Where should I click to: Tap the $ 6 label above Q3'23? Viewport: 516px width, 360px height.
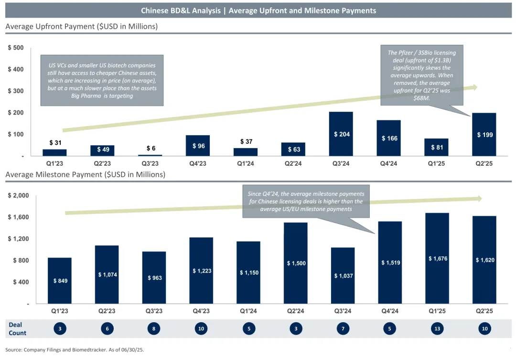(x=151, y=148)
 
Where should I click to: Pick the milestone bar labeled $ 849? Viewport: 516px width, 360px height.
(x=60, y=281)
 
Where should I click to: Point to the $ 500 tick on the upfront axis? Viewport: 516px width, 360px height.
(x=16, y=48)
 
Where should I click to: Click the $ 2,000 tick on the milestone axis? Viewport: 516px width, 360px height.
(x=18, y=196)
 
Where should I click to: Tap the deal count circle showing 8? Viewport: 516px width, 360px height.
(x=154, y=328)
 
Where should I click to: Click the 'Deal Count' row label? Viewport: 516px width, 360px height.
(x=17, y=328)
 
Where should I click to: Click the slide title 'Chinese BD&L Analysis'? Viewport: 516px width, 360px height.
(x=258, y=11)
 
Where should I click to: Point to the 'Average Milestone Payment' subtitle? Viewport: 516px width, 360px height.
(x=85, y=175)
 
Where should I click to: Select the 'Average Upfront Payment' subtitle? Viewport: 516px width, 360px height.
(x=81, y=27)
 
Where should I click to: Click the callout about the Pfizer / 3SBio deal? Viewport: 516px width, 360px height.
(x=421, y=75)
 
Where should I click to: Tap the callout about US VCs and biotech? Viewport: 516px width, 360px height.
(x=102, y=80)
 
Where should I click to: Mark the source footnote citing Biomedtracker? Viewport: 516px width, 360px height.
(x=75, y=349)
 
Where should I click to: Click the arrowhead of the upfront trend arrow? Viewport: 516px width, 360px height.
(x=474, y=87)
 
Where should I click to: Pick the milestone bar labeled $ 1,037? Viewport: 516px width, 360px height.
(x=343, y=275)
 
